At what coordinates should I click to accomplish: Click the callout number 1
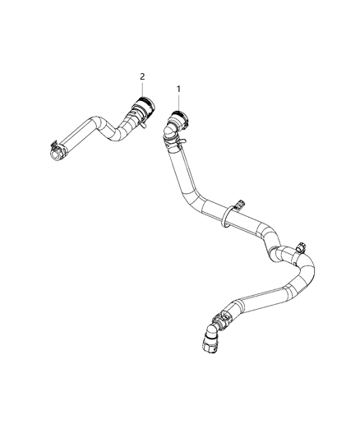(178, 89)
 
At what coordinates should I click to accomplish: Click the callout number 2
(142, 76)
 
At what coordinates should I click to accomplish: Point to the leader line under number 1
(178, 102)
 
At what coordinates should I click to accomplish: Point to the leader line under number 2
(142, 89)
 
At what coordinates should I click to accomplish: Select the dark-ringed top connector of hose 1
(180, 118)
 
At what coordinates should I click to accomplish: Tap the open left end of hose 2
(55, 155)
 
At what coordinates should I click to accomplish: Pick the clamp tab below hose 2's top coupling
(143, 125)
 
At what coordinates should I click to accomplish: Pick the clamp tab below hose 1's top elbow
(181, 142)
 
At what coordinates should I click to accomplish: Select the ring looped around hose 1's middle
(225, 217)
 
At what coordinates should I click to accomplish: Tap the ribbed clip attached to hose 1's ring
(239, 205)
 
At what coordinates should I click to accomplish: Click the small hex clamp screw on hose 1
(302, 247)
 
